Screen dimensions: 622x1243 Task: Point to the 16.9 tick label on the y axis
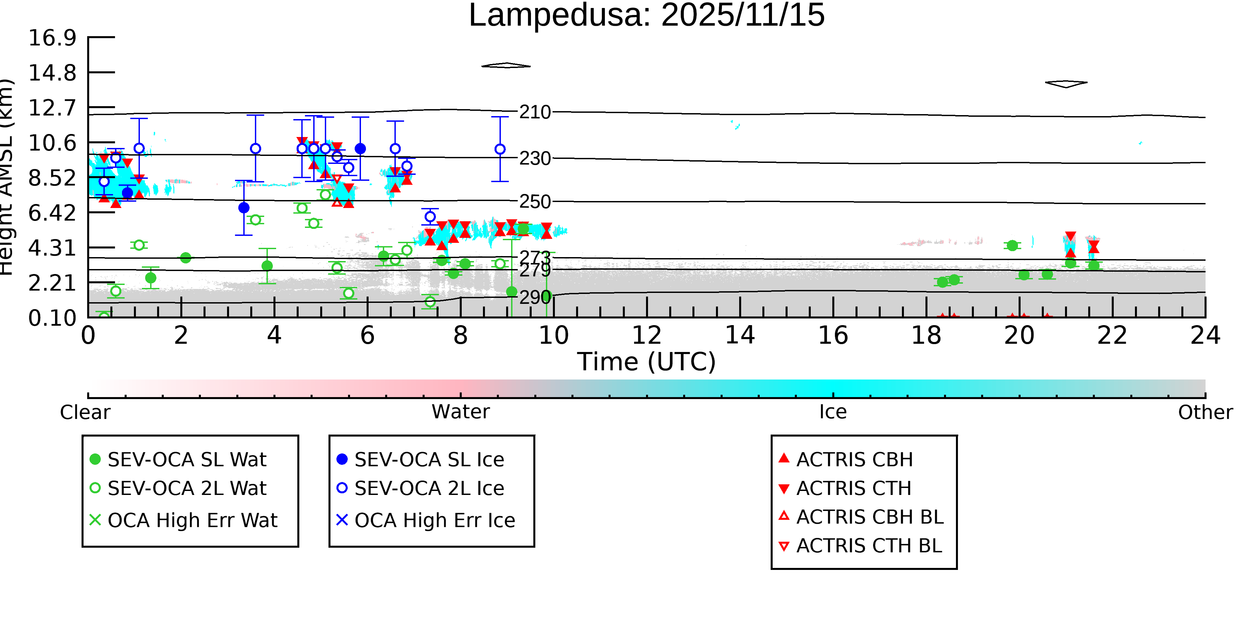coord(52,38)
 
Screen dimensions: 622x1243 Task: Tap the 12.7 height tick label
coord(52,108)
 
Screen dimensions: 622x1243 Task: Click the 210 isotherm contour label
coord(535,112)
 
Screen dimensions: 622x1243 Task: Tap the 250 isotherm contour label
coord(535,201)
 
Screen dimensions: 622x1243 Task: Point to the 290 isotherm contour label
coord(535,297)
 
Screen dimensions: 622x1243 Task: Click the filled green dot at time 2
coord(185,258)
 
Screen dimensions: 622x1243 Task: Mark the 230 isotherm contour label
coord(535,158)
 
